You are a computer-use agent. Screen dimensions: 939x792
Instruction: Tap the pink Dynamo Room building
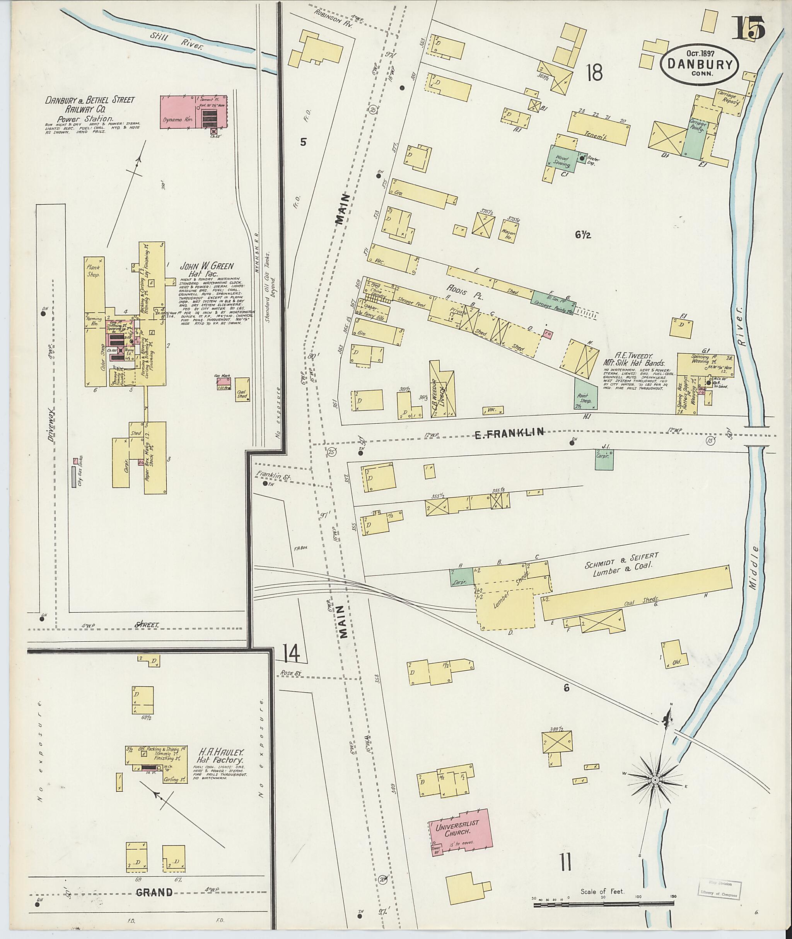coord(193,112)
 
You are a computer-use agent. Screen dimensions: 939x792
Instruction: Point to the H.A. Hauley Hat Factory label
coord(220,756)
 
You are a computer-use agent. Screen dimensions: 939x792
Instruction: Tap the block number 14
coord(291,654)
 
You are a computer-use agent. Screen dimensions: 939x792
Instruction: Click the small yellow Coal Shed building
coord(242,389)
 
